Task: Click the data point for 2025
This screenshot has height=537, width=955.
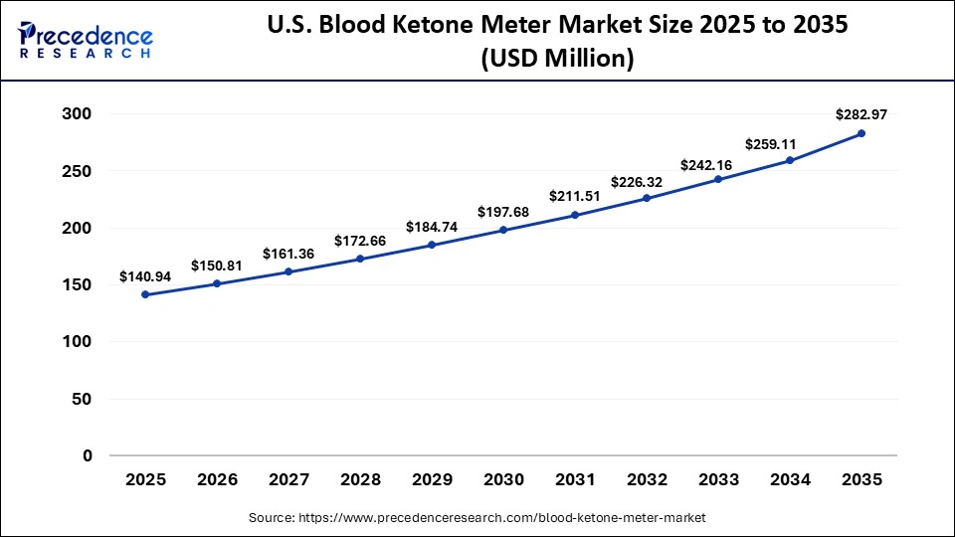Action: pos(145,294)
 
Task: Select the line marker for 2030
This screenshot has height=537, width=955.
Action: pos(503,230)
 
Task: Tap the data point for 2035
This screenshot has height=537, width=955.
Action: pos(861,133)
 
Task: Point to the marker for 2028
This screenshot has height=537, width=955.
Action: pos(360,259)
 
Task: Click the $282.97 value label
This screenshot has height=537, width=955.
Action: pos(861,114)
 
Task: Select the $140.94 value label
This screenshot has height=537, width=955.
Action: pos(145,275)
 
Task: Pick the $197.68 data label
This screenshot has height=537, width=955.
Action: pos(503,211)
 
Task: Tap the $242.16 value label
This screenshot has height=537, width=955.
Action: pos(718,164)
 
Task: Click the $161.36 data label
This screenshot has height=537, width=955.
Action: pos(288,254)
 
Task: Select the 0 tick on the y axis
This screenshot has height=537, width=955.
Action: pos(87,456)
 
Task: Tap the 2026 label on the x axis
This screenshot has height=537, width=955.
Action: pos(217,479)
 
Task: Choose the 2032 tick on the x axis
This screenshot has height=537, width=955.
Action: pos(647,479)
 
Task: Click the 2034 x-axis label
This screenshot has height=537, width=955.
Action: pos(790,479)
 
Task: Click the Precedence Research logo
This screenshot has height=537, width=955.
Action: pos(86,40)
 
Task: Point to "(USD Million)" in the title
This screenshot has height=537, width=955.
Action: pos(557,59)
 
